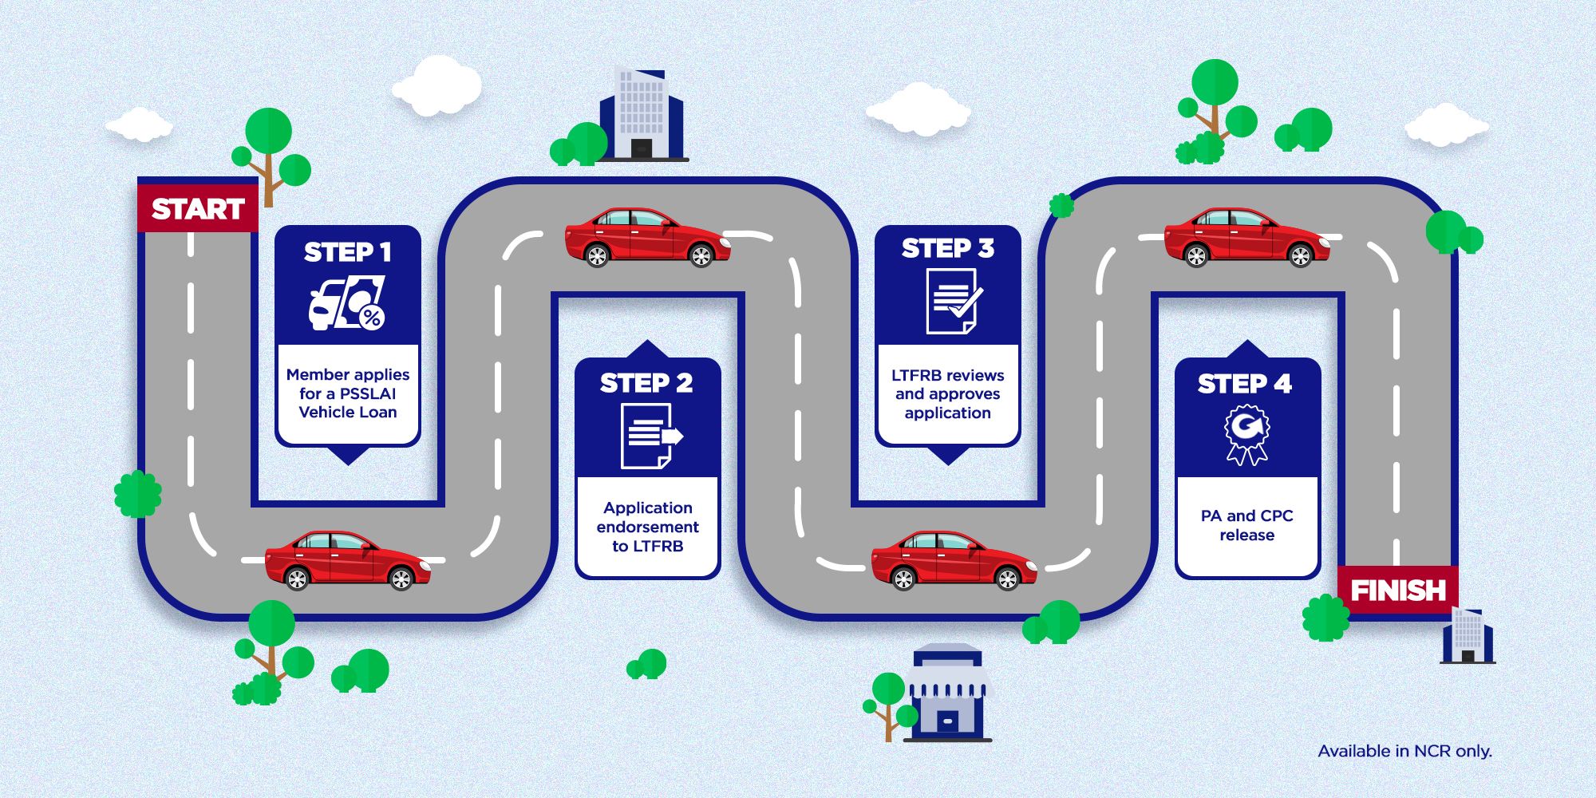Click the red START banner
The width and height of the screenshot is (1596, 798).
point(198,208)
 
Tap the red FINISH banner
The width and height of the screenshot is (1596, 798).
point(1397,590)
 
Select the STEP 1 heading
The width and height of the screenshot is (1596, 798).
point(348,252)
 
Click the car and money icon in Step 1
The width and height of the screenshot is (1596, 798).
point(347,303)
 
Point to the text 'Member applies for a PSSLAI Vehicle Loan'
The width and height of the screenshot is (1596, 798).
point(348,393)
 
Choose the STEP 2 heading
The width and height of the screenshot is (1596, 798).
point(647,383)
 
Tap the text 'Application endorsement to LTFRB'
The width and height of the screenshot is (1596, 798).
point(648,527)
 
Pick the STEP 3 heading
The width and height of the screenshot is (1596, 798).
point(948,249)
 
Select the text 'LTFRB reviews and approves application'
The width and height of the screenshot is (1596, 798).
point(948,394)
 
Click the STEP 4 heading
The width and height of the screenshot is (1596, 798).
point(1245,384)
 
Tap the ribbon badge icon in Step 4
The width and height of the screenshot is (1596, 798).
point(1247,434)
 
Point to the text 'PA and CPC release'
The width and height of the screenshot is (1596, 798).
point(1247,525)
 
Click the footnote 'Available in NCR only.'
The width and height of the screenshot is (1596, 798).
point(1404,751)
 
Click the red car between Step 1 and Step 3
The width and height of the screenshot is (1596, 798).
point(647,237)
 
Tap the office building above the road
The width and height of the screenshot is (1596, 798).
point(642,113)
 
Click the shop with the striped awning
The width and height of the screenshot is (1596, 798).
point(946,692)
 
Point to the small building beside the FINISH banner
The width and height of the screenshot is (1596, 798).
point(1467,636)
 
